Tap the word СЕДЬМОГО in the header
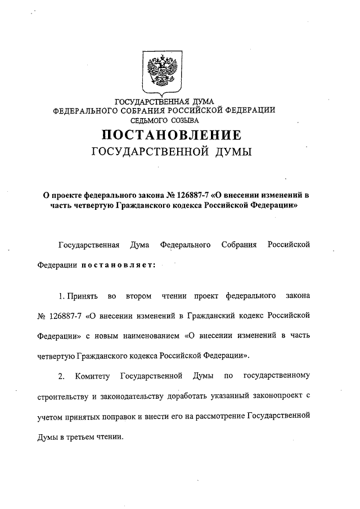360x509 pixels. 150,120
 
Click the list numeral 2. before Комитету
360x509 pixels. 63,375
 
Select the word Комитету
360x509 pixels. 92,375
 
